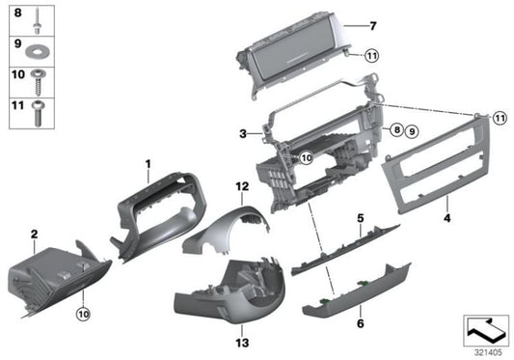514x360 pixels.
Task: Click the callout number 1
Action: (x=149, y=165)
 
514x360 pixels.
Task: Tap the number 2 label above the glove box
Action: (x=34, y=233)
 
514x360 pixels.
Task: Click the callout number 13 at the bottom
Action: (x=242, y=342)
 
